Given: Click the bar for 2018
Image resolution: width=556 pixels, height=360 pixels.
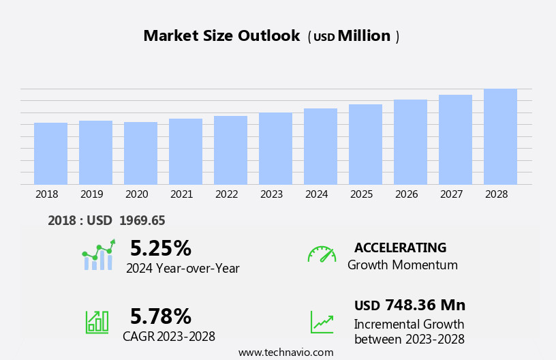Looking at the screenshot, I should pos(50,153).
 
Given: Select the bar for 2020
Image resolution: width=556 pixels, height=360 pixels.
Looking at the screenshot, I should pos(140,153).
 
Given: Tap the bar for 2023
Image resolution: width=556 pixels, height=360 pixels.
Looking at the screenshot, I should pos(275,149).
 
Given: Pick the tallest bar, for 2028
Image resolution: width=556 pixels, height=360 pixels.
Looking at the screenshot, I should pos(500,136).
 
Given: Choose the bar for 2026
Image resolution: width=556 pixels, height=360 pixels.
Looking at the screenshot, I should pos(410,142).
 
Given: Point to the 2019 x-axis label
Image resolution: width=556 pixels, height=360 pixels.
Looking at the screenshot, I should pos(92,194).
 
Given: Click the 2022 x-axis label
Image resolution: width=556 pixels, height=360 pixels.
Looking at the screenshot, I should pos(227,194).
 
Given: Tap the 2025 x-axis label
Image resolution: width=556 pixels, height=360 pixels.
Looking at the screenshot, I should pos(362,194).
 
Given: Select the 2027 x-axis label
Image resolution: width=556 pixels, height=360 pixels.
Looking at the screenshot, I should pos(452,194).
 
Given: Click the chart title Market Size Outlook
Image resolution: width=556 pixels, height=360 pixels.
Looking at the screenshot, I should pos(221,36).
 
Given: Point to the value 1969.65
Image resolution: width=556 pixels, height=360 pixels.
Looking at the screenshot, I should pos(142,221).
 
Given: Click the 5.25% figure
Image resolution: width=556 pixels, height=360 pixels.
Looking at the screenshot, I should pos(161,249).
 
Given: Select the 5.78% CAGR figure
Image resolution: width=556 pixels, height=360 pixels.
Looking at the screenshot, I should pos(161,316).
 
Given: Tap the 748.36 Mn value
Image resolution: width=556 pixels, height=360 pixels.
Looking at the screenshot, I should pos(425,305).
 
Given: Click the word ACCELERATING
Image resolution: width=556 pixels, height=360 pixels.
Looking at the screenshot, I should pos(400,248).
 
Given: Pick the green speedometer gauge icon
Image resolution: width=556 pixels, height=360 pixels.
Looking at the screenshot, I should pos(322,254).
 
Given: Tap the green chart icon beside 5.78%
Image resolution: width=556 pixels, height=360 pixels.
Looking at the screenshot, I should pos(97,322).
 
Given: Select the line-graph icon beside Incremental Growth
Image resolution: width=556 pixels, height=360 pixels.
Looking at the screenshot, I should pos(322,322).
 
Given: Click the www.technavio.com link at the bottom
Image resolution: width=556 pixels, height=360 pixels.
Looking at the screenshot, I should pos(285,352).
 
